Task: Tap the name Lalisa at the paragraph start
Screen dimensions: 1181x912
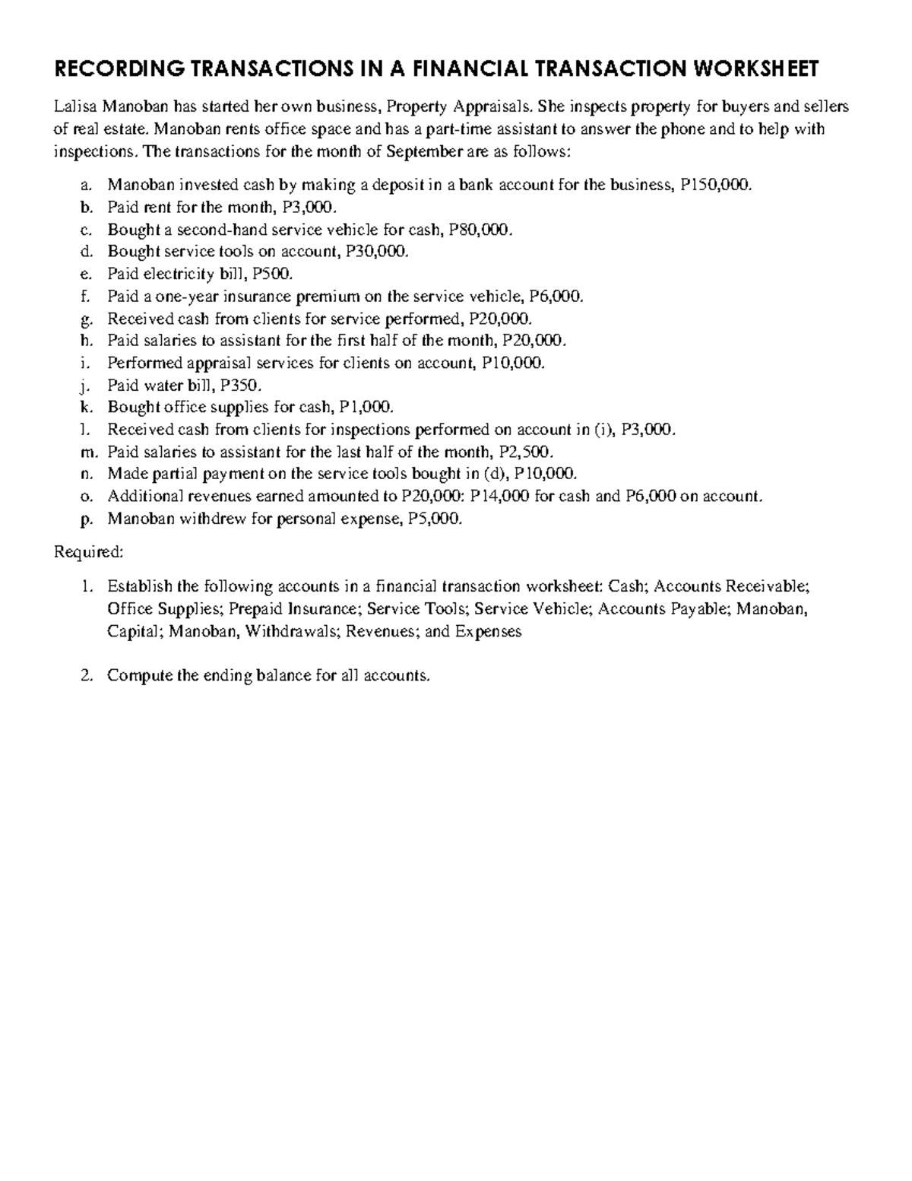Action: pyautogui.click(x=75, y=106)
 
